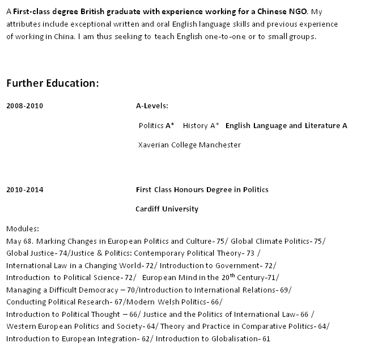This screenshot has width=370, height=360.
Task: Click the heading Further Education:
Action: (x=53, y=83)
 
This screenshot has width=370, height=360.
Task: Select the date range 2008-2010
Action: (x=24, y=106)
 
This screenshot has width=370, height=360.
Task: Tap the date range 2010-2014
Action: (x=24, y=190)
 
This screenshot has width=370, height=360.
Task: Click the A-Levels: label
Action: (x=152, y=106)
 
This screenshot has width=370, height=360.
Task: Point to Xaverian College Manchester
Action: (x=190, y=145)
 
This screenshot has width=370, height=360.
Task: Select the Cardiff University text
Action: (x=167, y=209)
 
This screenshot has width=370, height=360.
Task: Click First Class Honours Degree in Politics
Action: (x=202, y=190)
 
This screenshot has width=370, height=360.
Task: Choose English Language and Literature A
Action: (x=286, y=126)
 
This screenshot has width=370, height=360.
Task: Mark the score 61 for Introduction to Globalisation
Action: (x=266, y=339)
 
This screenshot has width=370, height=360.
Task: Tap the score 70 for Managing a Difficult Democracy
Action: (x=133, y=290)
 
